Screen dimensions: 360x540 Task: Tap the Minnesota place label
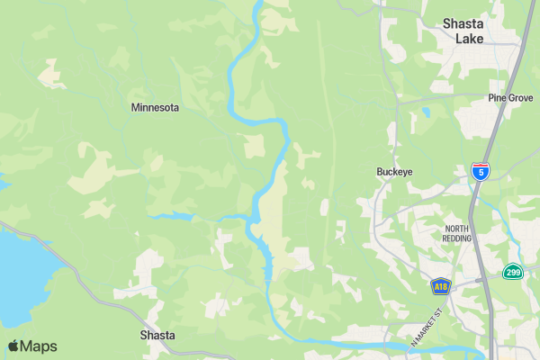click(x=155, y=107)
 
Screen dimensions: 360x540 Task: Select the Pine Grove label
click(x=510, y=97)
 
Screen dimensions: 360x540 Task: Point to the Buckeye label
click(x=394, y=171)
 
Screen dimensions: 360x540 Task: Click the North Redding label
click(x=463, y=234)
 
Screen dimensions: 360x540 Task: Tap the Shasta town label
click(x=157, y=336)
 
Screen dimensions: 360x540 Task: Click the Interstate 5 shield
click(x=481, y=171)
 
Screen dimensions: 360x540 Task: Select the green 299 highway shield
click(x=512, y=272)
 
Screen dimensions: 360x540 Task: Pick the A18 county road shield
click(x=440, y=287)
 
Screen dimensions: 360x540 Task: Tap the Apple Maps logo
click(x=32, y=346)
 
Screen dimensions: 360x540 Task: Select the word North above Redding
click(x=457, y=229)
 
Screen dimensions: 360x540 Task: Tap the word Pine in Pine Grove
click(x=497, y=97)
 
